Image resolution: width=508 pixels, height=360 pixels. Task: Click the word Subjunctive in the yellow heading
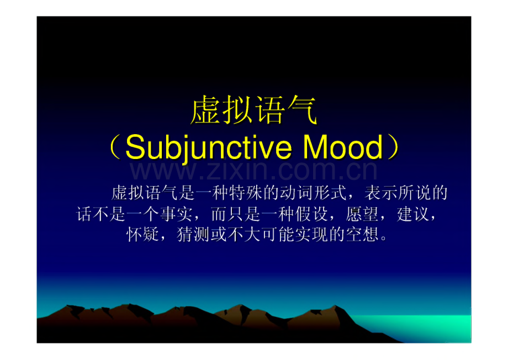point(208,147)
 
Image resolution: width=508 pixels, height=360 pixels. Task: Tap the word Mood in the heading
point(343,147)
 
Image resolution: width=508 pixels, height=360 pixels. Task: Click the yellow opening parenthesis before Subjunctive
point(115,147)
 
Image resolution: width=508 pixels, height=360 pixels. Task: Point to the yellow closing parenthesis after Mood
point(393,147)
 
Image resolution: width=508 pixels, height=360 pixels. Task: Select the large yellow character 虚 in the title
point(205,110)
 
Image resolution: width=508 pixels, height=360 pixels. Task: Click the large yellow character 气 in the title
point(301,110)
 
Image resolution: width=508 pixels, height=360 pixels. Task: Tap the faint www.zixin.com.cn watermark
point(253,171)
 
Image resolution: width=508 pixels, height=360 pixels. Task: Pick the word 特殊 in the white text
point(246,193)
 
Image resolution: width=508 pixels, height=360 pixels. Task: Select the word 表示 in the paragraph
point(381,193)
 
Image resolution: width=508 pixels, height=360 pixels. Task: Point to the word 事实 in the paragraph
point(176,214)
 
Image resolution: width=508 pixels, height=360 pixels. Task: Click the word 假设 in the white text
point(311,214)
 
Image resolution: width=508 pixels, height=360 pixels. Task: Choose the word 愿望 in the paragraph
point(362,214)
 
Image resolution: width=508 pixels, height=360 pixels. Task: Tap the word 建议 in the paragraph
point(413,214)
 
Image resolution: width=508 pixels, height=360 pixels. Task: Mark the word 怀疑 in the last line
point(142,234)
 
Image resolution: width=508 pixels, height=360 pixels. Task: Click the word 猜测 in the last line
point(193,234)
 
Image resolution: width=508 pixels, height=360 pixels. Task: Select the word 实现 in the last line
point(311,234)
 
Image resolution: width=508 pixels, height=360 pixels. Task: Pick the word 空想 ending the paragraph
point(362,234)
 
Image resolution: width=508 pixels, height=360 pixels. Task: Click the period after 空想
point(384,238)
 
